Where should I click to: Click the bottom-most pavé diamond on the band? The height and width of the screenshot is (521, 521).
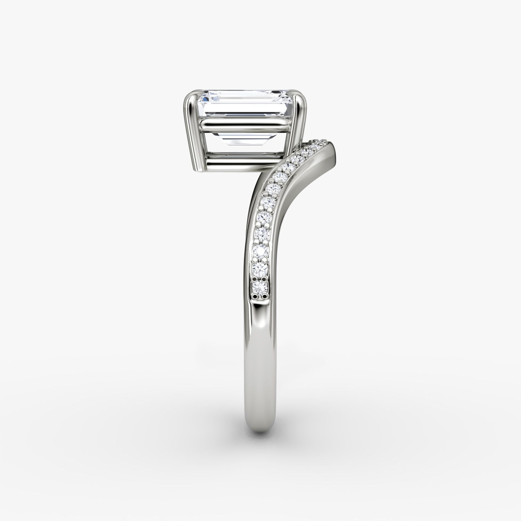click(x=260, y=287)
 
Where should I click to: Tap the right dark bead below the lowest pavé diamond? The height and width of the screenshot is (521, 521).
click(x=265, y=296)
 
